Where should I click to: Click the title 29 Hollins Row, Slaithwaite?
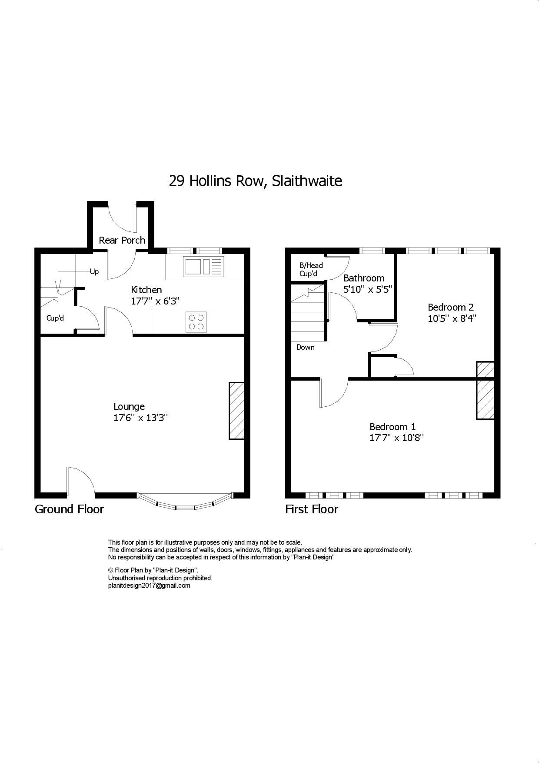255,181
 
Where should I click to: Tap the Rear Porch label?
122,240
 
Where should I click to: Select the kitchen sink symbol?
203,267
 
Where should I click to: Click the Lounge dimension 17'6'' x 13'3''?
140,418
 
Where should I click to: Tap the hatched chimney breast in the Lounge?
236,411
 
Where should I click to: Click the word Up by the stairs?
94,271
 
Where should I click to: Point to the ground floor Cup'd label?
55,318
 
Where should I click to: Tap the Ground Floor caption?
69,509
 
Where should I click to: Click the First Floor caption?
311,509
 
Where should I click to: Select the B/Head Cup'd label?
311,270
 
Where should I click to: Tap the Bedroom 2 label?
451,307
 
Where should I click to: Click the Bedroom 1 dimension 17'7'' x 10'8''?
396,438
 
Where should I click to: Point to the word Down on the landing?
306,347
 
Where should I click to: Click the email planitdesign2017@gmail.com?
149,586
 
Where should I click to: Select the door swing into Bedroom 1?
333,393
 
